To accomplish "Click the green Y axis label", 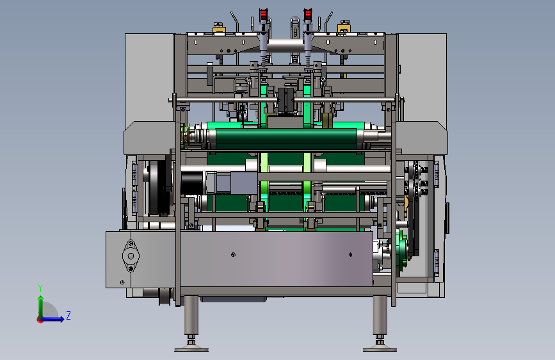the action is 40,288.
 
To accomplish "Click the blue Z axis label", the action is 68,315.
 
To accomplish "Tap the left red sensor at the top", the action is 263,15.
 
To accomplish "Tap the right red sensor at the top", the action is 307,15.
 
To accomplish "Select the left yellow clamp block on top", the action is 219,28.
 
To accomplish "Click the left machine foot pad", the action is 191,349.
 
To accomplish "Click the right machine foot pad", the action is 380,349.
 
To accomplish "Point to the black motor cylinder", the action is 192,183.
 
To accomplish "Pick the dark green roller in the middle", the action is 286,139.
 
